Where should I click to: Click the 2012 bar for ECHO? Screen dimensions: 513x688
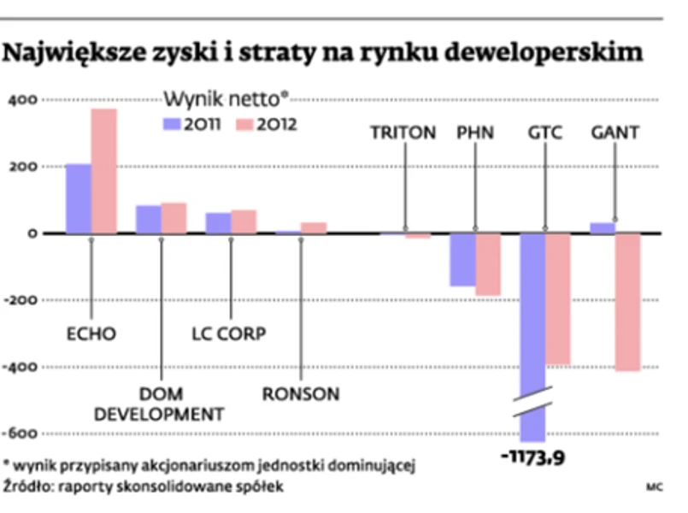[x=103, y=171]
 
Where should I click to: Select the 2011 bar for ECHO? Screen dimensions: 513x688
[x=78, y=198]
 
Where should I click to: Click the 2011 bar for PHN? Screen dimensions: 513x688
[x=463, y=260]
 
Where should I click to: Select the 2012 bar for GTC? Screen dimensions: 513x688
[x=558, y=299]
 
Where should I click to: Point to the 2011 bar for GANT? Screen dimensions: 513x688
[x=603, y=227]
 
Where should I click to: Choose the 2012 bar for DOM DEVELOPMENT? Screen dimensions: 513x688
[x=173, y=218]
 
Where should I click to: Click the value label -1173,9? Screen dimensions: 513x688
[x=532, y=459]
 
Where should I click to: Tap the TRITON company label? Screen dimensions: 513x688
[x=403, y=133]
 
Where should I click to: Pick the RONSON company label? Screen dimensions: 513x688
[x=301, y=394]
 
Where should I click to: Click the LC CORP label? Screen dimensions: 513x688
[x=228, y=333]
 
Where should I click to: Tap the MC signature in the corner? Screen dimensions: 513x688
[x=655, y=488]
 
